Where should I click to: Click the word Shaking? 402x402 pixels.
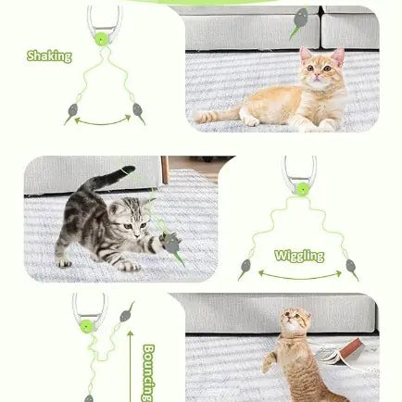[49, 57]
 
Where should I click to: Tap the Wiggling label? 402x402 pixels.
[298, 256]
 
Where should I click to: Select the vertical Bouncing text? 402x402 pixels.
[148, 371]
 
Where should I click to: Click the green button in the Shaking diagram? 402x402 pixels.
[101, 40]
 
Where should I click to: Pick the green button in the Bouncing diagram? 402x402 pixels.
[87, 326]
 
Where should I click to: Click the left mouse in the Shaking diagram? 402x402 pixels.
[70, 114]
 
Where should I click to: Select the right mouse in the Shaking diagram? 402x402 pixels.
[138, 113]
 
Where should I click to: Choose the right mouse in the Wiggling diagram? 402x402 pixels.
[352, 269]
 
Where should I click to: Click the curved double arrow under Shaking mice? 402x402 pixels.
[103, 121]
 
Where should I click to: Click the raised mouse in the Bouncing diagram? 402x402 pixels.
[126, 312]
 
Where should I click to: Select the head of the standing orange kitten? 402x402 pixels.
[295, 324]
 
